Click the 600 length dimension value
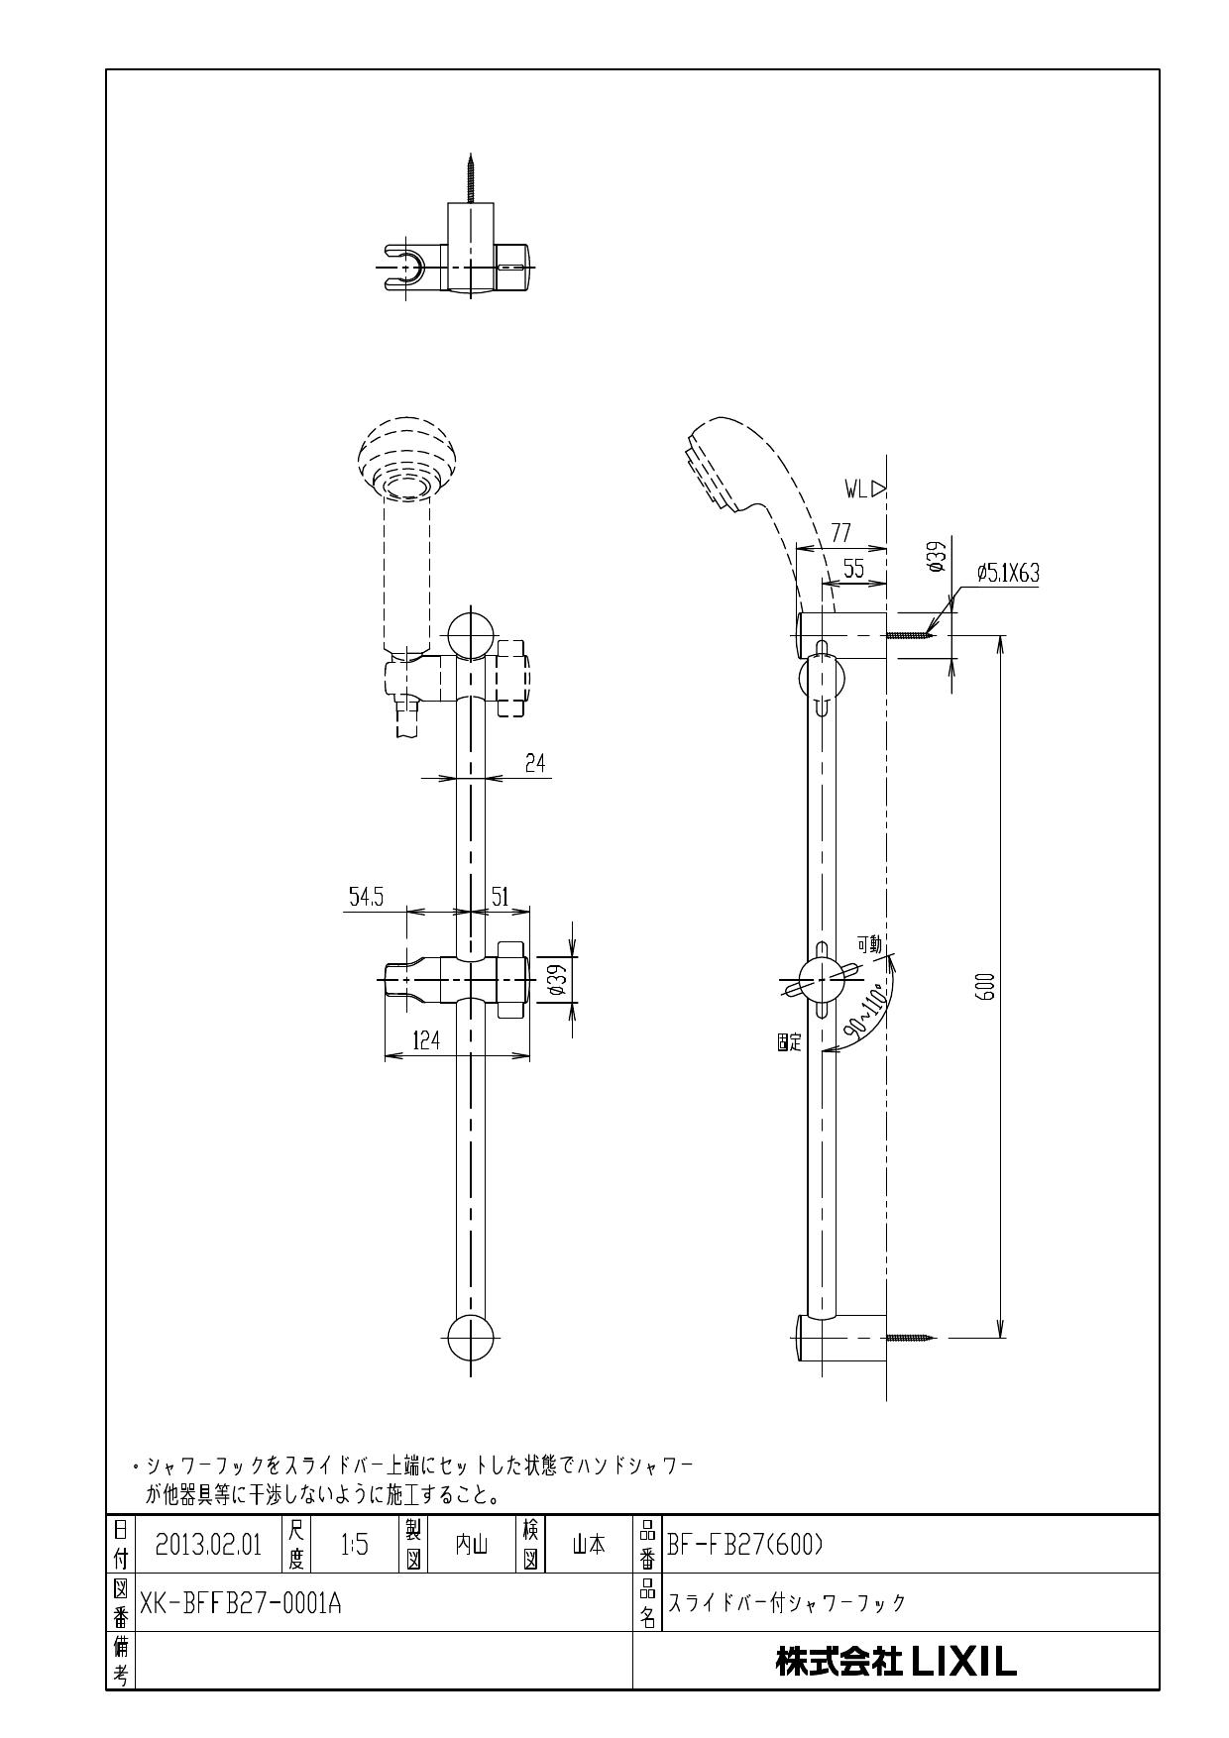tap(985, 986)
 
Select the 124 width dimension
tap(427, 1039)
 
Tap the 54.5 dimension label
tap(366, 897)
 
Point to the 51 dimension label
tap(501, 897)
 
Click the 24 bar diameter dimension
tap(535, 763)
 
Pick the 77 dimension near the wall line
tap(840, 534)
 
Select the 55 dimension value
tap(853, 569)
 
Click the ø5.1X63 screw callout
tap(1007, 572)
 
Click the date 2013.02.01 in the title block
tap(208, 1545)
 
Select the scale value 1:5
tap(354, 1545)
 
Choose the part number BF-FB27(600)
tap(745, 1545)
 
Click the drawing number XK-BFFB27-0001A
tap(241, 1602)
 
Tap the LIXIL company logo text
tap(896, 1662)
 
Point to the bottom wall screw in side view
tap(912, 1338)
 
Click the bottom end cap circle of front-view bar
tap(471, 1340)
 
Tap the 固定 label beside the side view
tap(789, 1043)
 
